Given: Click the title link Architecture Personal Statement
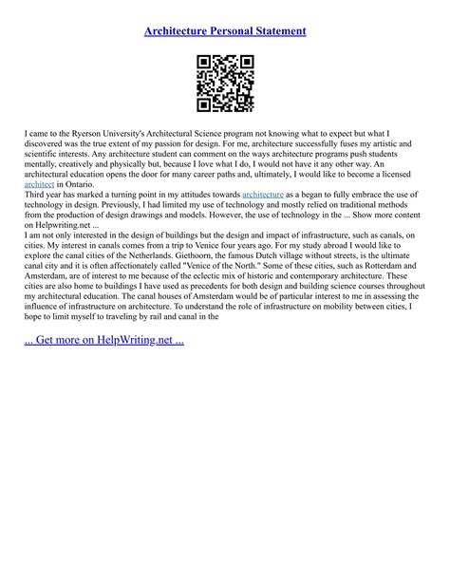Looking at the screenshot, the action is click(x=225, y=31).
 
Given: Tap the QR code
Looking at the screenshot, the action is click(x=225, y=84).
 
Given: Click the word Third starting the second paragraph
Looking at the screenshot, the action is click(x=38, y=197).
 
